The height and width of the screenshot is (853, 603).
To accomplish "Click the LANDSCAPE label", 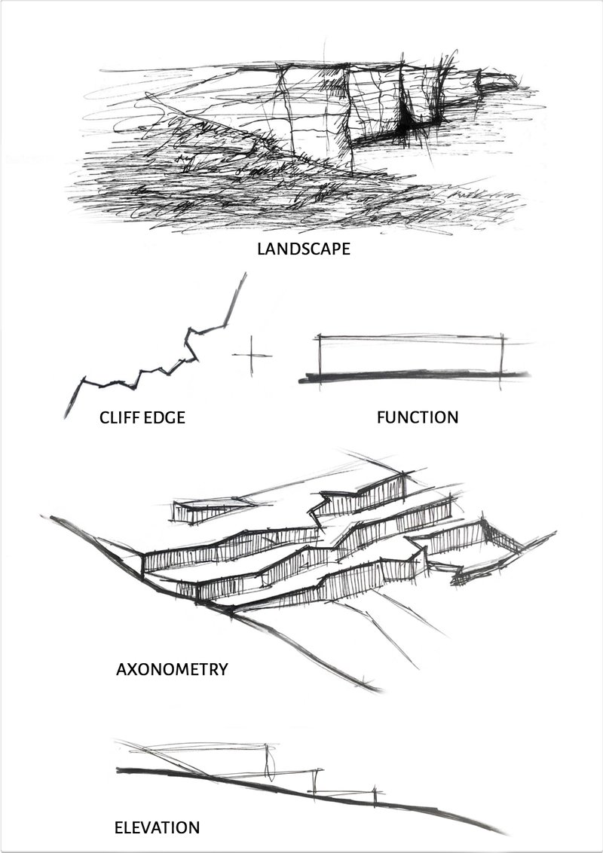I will pyautogui.click(x=303, y=249).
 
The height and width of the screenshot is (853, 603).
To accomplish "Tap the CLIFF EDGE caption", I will pyautogui.click(x=142, y=417).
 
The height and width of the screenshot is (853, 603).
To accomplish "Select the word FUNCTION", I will pyautogui.click(x=417, y=417).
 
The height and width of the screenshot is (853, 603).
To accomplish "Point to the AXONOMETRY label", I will pyautogui.click(x=172, y=668).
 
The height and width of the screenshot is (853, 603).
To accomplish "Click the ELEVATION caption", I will pyautogui.click(x=157, y=827).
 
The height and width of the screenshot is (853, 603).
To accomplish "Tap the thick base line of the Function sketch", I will pyautogui.click(x=415, y=375).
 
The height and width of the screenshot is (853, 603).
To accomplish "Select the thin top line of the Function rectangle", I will pyautogui.click(x=411, y=337).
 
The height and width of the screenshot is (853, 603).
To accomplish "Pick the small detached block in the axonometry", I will pyautogui.click(x=204, y=510).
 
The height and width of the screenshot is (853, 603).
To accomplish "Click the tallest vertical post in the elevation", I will pyautogui.click(x=269, y=761).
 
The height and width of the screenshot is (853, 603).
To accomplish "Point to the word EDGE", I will pyautogui.click(x=165, y=417).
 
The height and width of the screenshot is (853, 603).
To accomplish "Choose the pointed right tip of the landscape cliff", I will pyautogui.click(x=514, y=78).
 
